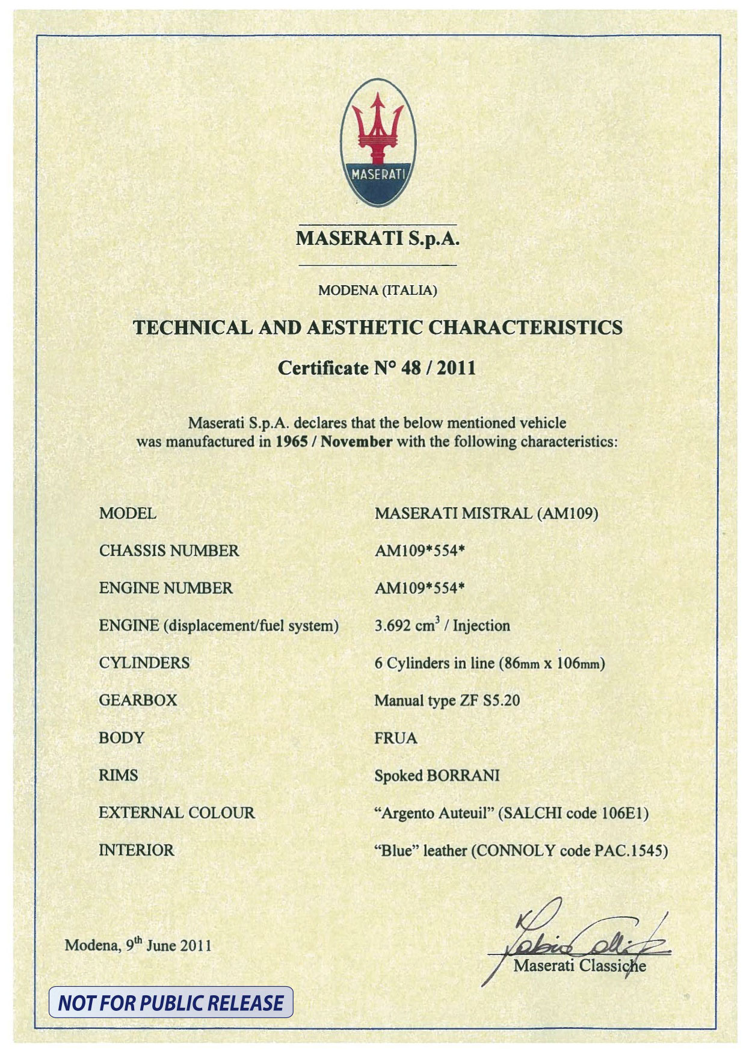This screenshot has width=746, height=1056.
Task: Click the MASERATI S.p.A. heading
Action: pyautogui.click(x=377, y=239)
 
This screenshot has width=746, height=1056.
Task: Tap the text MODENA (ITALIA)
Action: pyautogui.click(x=377, y=291)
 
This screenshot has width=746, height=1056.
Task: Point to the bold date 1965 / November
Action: pyautogui.click(x=334, y=442)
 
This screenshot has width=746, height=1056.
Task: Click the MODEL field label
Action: pyautogui.click(x=128, y=514)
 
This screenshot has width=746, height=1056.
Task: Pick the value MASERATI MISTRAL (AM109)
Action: pyautogui.click(x=486, y=514)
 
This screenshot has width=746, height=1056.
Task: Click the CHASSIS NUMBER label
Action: pyautogui.click(x=169, y=551)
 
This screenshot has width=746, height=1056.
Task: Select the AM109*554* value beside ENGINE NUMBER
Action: pyautogui.click(x=420, y=588)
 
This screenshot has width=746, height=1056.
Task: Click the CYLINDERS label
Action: pyautogui.click(x=144, y=663)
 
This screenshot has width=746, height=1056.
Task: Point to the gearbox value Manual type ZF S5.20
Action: pyautogui.click(x=447, y=701)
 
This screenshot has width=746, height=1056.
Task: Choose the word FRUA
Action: pyautogui.click(x=396, y=738)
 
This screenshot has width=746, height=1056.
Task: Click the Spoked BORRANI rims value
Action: pyautogui.click(x=437, y=776)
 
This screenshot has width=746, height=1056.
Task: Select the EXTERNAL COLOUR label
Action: pyautogui.click(x=177, y=813)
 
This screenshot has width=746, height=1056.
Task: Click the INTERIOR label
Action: pyautogui.click(x=137, y=850)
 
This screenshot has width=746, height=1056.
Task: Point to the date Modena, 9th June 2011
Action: pyautogui.click(x=138, y=945)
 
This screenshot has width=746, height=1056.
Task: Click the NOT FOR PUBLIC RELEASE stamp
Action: pyautogui.click(x=171, y=1002)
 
